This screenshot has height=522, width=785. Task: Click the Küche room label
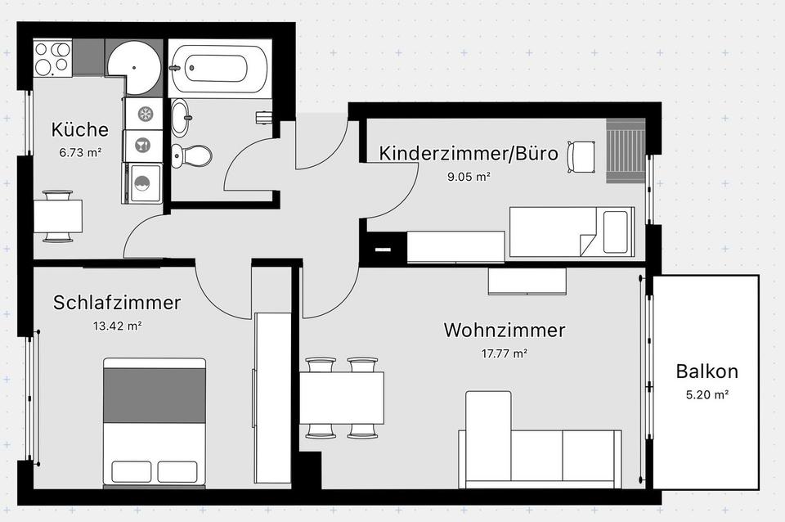[79, 129]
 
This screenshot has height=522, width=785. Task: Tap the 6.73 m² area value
[80, 152]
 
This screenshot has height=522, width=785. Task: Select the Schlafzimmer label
[117, 303]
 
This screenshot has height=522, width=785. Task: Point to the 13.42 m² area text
[117, 326]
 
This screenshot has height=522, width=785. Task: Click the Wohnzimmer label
[505, 330]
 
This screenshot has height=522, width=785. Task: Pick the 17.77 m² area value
[505, 353]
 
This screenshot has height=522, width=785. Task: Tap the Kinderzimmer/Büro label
[468, 153]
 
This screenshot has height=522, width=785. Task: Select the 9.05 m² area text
[468, 177]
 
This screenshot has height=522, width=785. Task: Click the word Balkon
[706, 371]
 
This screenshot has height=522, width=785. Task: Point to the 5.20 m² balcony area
[706, 394]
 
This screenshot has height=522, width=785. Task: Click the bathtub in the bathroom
[218, 68]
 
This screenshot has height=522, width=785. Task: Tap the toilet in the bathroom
[191, 155]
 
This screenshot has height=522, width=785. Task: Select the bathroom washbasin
[180, 118]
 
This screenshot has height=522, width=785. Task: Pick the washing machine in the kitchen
[142, 183]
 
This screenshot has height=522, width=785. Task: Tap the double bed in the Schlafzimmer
[155, 423]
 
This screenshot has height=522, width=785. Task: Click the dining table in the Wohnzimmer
[342, 398]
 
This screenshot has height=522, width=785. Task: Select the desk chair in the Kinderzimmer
[581, 157]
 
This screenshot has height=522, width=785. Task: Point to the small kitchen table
[57, 216]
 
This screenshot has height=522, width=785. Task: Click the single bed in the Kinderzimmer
[572, 232]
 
